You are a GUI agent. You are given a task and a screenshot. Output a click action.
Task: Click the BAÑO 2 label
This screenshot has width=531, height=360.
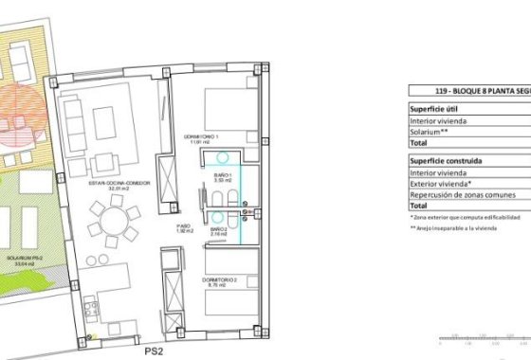pos(218,230)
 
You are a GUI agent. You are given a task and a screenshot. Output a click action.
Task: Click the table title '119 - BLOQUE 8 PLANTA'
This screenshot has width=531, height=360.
pos(468,92)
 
